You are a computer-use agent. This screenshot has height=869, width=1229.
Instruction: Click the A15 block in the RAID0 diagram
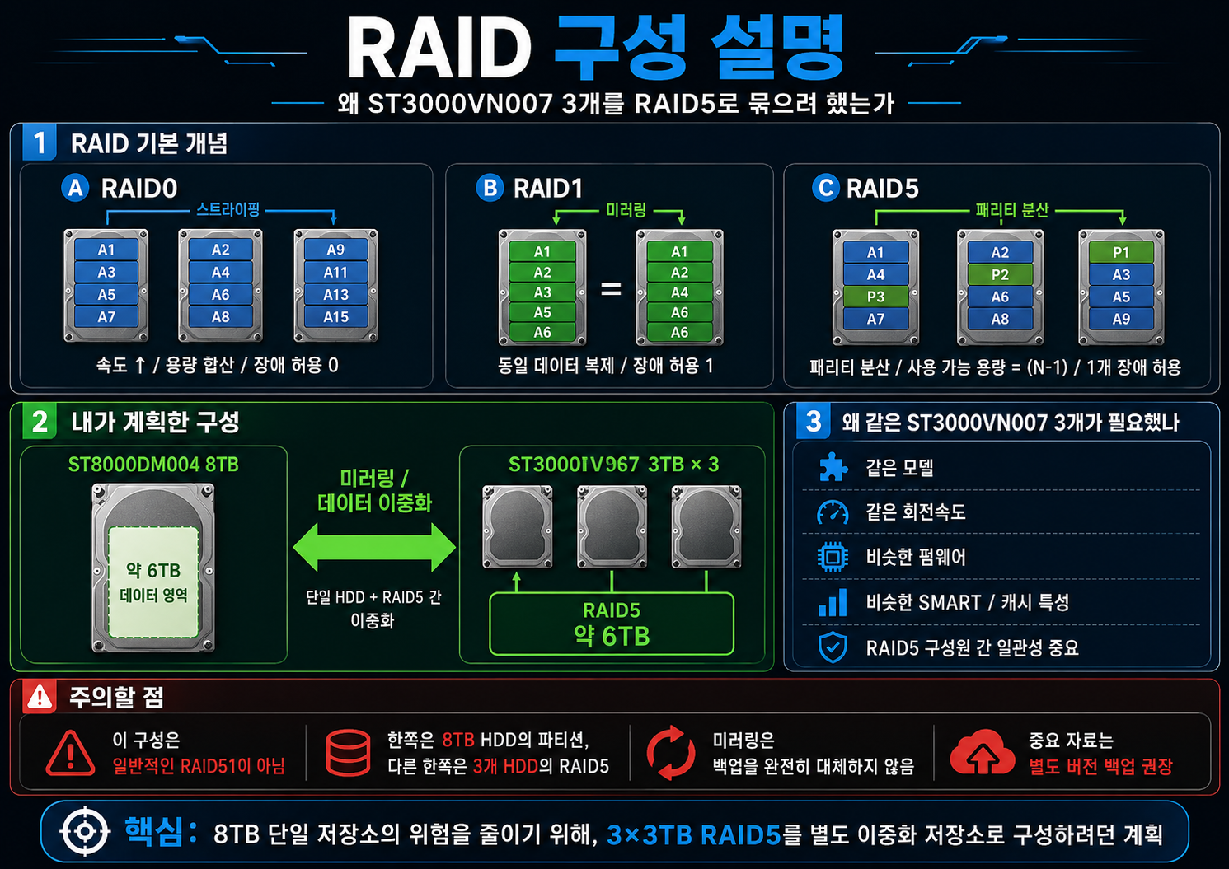tap(335, 317)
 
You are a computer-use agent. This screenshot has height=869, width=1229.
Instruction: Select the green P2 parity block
tap(1000, 274)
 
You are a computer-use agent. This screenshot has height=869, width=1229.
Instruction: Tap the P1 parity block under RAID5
tap(1121, 252)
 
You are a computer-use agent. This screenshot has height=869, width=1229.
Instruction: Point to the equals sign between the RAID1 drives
tap(611, 288)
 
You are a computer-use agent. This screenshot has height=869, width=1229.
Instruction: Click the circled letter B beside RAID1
tap(490, 188)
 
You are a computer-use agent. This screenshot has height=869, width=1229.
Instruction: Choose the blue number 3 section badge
tap(813, 421)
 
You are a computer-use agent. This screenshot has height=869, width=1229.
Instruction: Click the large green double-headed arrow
tap(374, 547)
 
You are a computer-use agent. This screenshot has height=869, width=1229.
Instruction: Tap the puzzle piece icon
tap(833, 467)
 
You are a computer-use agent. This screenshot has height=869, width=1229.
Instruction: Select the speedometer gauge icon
tap(833, 512)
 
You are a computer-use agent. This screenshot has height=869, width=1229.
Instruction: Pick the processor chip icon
tap(833, 557)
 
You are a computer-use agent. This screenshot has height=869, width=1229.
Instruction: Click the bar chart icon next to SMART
tap(833, 602)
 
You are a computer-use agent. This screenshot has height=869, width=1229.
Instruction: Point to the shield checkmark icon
tap(833, 647)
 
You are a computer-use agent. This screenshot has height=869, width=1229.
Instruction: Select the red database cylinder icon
tap(348, 752)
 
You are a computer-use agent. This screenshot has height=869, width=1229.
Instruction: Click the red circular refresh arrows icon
tap(670, 752)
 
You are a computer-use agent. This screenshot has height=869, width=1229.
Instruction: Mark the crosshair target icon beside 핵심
tap(85, 832)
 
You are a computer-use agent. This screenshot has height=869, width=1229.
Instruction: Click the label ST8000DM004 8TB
tap(153, 465)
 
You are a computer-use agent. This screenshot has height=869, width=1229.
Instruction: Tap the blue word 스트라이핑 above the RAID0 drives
tap(228, 209)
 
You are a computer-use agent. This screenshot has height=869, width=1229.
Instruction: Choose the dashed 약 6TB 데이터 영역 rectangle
tap(153, 582)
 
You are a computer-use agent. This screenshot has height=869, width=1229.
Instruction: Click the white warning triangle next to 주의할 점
tap(40, 698)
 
